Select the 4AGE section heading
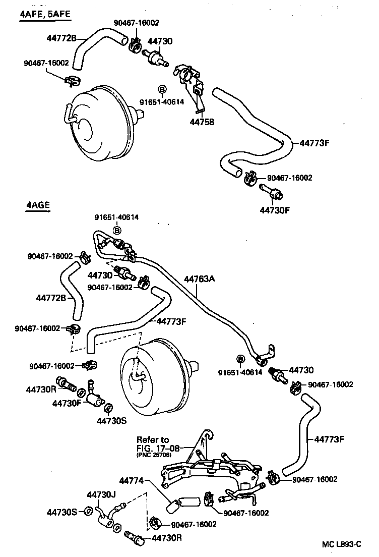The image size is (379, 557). pyautogui.click(x=38, y=205)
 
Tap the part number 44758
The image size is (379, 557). pyautogui.click(x=202, y=122)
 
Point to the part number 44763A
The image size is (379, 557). pyautogui.click(x=200, y=278)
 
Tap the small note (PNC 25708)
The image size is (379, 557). pyautogui.click(x=154, y=455)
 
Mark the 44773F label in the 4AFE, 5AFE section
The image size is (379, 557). pyautogui.click(x=314, y=143)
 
